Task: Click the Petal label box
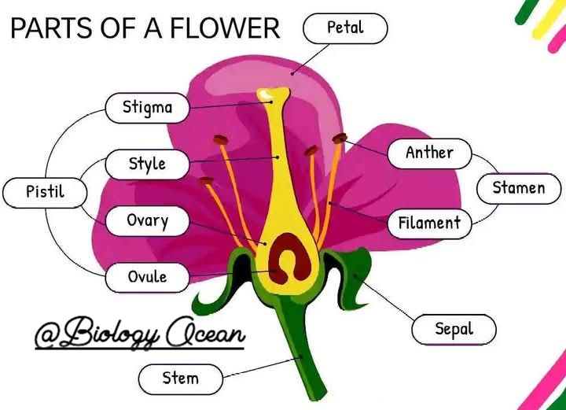pos(345,28)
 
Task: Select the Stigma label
pos(147,108)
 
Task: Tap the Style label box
pos(147,164)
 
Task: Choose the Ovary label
pos(147,221)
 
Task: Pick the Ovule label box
pos(147,278)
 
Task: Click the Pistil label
pos(45,193)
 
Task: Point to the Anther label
pos(429,153)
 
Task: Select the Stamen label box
pos(519,189)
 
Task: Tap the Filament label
pos(429,223)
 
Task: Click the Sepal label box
pos(454,330)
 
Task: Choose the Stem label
pos(181,379)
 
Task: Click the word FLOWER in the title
pos(225,28)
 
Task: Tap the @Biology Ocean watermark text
pos(140,333)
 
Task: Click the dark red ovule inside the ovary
pos(289,257)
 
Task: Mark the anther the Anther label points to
pos(340,138)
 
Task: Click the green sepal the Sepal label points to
pos(352,276)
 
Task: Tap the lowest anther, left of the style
pos(206,180)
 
